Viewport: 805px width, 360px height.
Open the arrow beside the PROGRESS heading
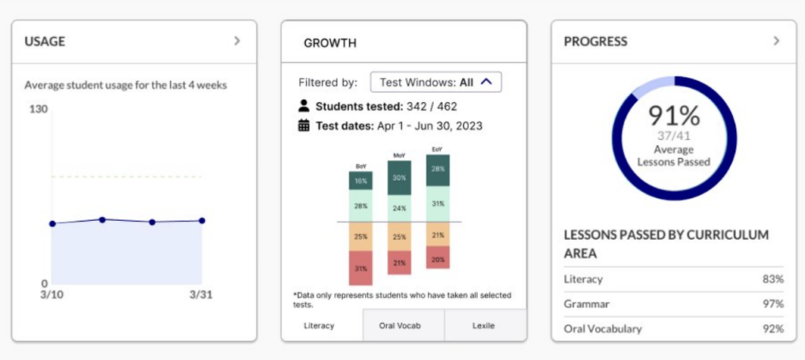click(x=776, y=41)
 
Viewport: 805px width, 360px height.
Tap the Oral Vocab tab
click(x=403, y=325)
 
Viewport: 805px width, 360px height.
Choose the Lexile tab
click(x=484, y=325)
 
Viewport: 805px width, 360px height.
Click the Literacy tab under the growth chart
click(x=322, y=325)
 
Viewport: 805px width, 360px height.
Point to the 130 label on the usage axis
click(x=39, y=109)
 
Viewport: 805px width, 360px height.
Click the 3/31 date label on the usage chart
click(x=201, y=296)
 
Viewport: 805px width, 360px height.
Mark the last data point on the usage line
click(x=202, y=221)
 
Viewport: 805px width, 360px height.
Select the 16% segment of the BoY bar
click(x=361, y=181)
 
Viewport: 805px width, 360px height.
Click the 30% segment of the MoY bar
click(x=399, y=178)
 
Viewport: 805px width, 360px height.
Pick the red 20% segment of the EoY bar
click(x=437, y=259)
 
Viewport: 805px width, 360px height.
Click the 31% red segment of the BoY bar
click(x=361, y=269)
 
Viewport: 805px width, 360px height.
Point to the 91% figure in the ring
click(x=674, y=116)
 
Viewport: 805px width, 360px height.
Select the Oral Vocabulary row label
click(x=602, y=329)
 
